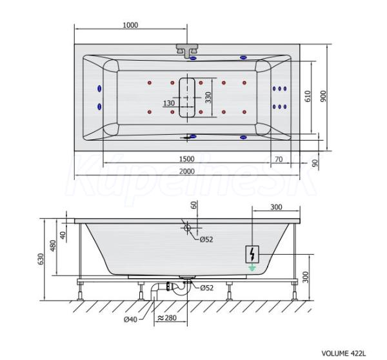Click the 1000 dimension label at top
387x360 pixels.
pyautogui.click(x=130, y=25)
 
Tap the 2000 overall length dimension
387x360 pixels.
pyautogui.click(x=187, y=172)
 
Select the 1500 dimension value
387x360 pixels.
pyautogui.click(x=187, y=159)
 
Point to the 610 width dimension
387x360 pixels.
pyautogui.click(x=308, y=96)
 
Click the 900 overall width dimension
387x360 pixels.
pyautogui.click(x=323, y=96)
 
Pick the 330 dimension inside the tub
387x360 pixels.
pyautogui.click(x=208, y=97)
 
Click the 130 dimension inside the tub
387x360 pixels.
pyautogui.click(x=169, y=103)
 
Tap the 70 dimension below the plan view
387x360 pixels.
pyautogui.click(x=279, y=159)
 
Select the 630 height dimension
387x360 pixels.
pyautogui.click(x=41, y=259)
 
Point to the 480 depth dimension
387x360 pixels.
pyautogui.click(x=53, y=245)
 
